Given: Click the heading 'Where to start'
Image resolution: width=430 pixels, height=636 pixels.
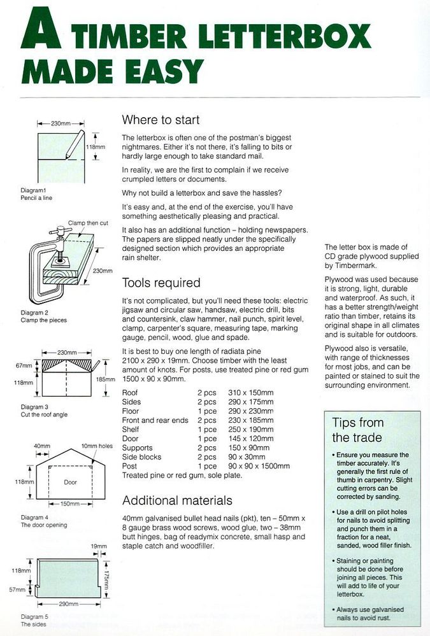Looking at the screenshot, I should [161, 120].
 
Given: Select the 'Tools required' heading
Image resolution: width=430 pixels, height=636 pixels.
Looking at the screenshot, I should [161, 283].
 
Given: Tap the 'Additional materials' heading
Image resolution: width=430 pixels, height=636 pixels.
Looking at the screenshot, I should [177, 500].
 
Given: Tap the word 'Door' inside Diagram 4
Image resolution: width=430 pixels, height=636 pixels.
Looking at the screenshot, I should [70, 483].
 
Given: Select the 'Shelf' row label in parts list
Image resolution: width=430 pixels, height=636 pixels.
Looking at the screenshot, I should [131, 429].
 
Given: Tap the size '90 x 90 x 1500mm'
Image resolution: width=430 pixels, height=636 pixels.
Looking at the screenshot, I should [259, 466].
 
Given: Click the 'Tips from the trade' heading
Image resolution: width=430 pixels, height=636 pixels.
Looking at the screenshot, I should [358, 430].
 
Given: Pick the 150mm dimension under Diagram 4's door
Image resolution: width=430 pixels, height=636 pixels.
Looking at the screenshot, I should [70, 504].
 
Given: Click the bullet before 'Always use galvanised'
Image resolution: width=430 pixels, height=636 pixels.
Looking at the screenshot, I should [334, 610].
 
